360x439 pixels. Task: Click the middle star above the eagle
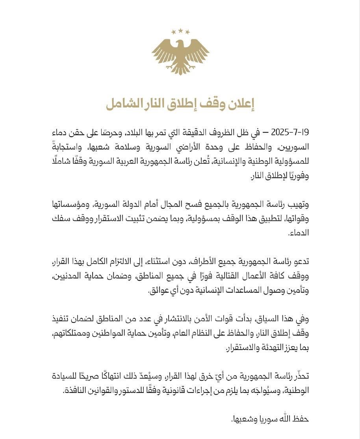pos(180,30)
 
